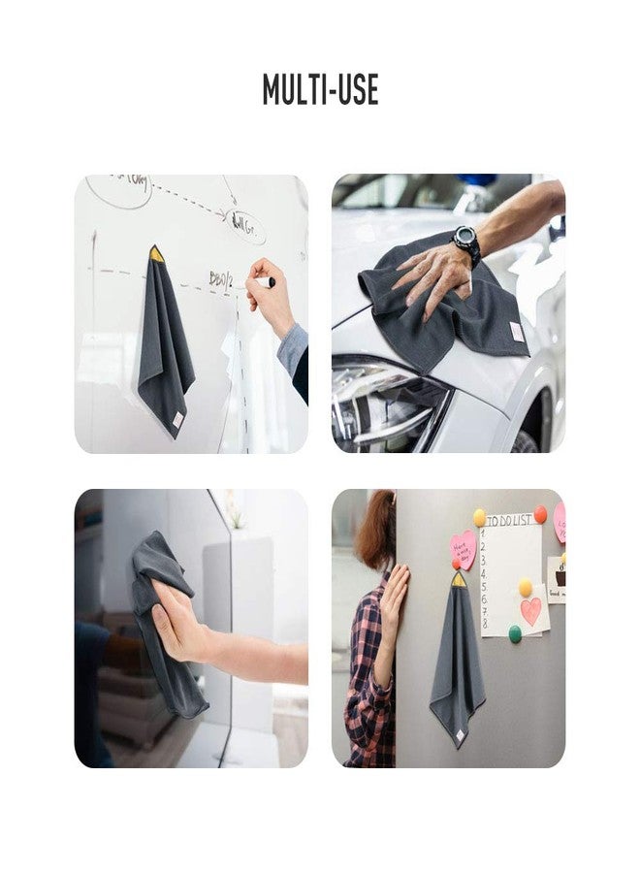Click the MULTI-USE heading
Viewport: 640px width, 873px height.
[x=320, y=89]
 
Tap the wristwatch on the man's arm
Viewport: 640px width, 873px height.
[x=466, y=242]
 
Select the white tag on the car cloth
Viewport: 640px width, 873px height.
[x=517, y=333]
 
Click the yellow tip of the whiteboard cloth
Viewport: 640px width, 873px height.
[x=155, y=253]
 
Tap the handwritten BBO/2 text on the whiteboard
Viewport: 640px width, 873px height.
[x=221, y=279]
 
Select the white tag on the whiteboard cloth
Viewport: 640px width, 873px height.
[x=177, y=420]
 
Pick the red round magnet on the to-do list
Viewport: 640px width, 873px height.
[x=540, y=514]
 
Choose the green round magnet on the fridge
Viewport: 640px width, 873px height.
[x=515, y=633]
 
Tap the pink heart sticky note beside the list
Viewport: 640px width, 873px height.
[x=464, y=549]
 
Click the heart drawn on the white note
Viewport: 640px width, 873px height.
[x=530, y=611]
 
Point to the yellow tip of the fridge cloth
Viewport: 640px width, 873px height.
[x=458, y=579]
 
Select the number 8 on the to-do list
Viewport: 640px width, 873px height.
[x=485, y=625]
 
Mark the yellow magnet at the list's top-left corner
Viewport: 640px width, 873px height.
[x=479, y=517]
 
